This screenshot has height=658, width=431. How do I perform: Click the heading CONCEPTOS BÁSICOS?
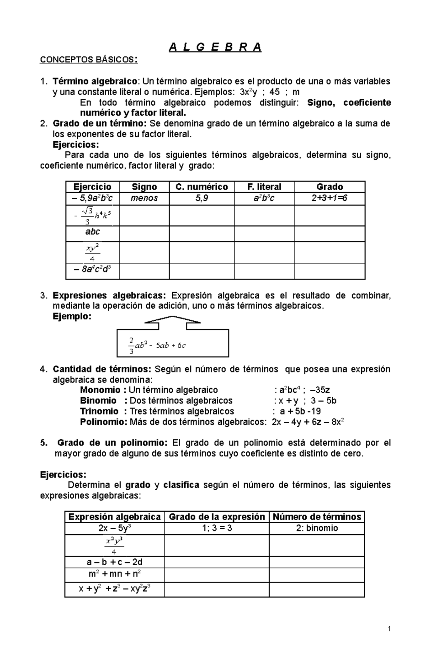[88, 60]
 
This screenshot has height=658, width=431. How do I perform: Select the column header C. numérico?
[201, 187]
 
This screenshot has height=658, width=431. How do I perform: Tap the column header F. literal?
[264, 187]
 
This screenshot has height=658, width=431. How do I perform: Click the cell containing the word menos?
[144, 198]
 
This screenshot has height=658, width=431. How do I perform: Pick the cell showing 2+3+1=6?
[329, 198]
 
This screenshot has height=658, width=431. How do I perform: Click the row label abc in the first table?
[92, 232]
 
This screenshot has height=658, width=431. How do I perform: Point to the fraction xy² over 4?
[92, 252]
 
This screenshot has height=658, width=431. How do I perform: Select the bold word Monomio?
[100, 390]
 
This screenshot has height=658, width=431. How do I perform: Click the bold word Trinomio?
[99, 411]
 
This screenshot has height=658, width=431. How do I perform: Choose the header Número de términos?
[317, 517]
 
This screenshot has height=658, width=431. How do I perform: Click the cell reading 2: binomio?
[317, 528]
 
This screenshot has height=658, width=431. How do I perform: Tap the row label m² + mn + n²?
[114, 574]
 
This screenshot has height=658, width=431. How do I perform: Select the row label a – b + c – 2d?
[114, 562]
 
